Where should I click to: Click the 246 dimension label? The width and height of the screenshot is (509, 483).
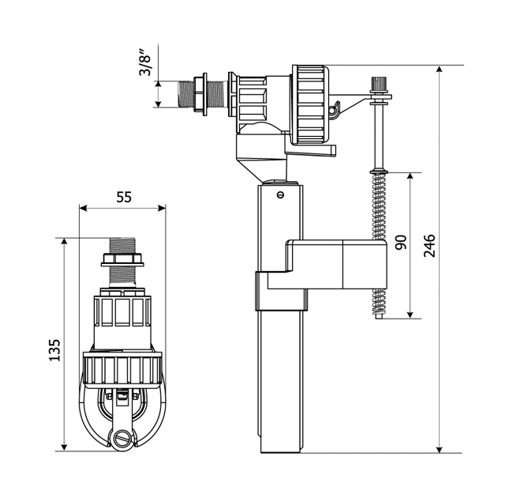point(429,245)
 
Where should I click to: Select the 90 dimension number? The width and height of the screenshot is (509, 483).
point(401,242)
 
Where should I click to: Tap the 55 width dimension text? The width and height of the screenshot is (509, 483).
point(124,197)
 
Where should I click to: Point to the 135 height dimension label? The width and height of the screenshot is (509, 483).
point(54,350)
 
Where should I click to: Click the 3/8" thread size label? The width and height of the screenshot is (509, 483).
point(144,62)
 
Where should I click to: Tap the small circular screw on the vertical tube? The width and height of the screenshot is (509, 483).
point(280,194)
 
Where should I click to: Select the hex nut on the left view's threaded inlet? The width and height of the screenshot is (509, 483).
point(122,260)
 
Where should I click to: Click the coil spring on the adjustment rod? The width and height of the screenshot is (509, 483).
point(380,245)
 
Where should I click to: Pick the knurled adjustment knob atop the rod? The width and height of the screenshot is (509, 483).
point(379,83)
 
